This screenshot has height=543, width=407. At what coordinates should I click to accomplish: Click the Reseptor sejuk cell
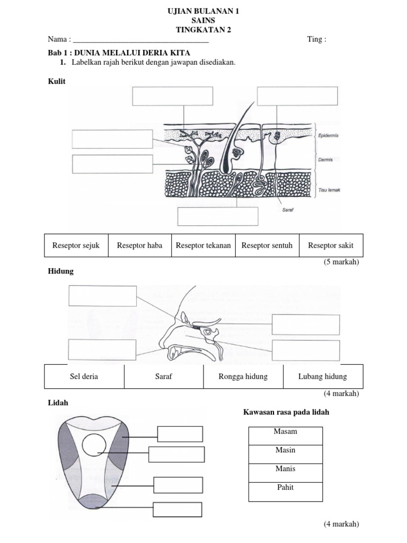(76, 246)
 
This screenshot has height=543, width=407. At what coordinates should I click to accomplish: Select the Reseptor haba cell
(140, 246)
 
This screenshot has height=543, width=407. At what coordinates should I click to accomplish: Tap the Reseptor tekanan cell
(203, 246)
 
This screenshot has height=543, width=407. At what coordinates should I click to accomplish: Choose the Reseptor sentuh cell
(267, 246)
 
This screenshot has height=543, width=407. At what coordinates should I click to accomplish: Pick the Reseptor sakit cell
(331, 246)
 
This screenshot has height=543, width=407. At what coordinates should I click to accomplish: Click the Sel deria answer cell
(84, 376)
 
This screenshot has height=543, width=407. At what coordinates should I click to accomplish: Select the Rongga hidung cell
(243, 376)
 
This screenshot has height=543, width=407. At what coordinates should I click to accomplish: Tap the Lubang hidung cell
(323, 376)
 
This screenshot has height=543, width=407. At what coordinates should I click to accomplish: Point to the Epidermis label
(328, 135)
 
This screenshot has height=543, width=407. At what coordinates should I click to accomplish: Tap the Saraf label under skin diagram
(288, 209)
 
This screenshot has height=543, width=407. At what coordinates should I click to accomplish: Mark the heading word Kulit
(57, 82)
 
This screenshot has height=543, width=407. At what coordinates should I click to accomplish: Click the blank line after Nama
(141, 40)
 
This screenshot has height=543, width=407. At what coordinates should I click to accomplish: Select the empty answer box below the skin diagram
(218, 216)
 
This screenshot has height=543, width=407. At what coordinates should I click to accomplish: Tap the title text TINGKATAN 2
(203, 30)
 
